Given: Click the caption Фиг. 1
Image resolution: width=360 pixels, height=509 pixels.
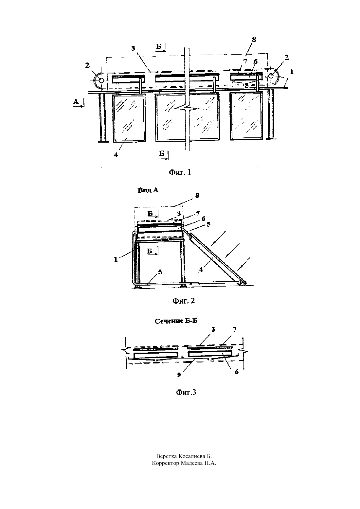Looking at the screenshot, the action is (x=180, y=172).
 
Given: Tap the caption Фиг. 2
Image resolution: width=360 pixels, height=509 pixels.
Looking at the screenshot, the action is (x=184, y=301).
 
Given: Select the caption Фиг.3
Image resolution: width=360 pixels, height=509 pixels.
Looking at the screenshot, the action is (x=186, y=393).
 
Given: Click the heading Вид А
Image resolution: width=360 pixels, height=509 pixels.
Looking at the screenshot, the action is (x=148, y=190).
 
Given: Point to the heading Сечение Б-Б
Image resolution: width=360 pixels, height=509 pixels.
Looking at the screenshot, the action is (x=176, y=321).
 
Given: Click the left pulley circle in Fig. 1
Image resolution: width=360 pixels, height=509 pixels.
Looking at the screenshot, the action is (x=101, y=80).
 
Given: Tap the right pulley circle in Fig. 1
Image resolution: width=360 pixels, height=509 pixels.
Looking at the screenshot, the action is (x=271, y=76).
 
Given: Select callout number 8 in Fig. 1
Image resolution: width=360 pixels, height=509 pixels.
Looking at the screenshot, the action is (x=254, y=40).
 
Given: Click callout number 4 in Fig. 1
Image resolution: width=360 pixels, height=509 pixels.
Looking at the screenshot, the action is (x=116, y=155).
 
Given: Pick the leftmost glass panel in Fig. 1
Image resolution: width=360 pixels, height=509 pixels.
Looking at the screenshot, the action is (x=129, y=118).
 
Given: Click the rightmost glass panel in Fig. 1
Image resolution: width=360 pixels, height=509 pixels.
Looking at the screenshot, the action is (x=246, y=115).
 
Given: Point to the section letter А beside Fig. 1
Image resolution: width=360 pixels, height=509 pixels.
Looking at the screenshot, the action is (x=76, y=102).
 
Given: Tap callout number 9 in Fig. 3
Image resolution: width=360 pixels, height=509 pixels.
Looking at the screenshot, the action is (x=179, y=375).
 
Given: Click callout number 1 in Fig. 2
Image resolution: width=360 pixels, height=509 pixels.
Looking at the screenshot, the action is (x=116, y=259).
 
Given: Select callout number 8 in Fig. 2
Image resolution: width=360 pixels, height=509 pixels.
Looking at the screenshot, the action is (x=197, y=196).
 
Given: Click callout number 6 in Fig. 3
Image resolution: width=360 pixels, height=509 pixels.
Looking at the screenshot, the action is (x=237, y=372).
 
